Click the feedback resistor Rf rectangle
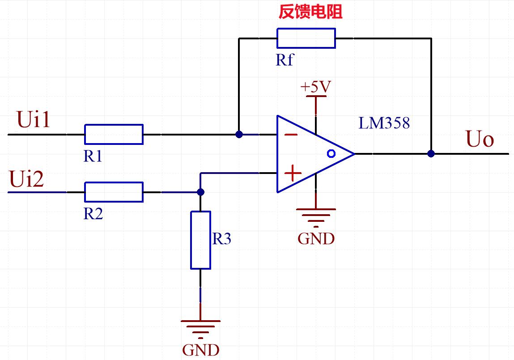point(306,38)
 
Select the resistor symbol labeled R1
point(114,134)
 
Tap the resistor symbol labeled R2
point(114,192)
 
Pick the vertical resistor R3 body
point(200,240)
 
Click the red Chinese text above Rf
point(310,12)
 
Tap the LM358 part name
point(384,123)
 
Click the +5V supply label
point(315,87)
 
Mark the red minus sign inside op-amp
point(291,135)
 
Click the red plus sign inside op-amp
point(293,173)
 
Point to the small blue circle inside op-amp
point(331,154)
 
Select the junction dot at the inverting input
point(239,134)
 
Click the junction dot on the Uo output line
point(431,154)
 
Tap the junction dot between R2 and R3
point(200,192)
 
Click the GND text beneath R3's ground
point(200,349)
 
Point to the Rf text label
point(285,59)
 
